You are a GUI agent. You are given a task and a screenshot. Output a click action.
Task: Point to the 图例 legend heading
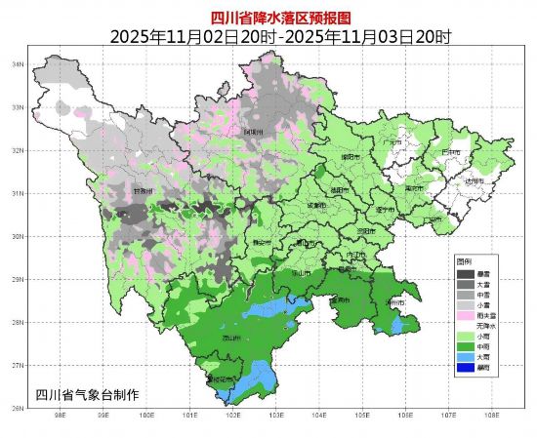click(x=465, y=262)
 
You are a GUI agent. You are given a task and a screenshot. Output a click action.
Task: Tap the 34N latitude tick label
click(x=17, y=64)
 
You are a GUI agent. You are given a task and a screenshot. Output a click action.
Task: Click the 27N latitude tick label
click(x=17, y=365)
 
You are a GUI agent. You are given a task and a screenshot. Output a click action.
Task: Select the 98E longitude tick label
click(x=61, y=414)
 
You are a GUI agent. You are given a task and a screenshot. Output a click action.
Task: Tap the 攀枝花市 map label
click(x=221, y=378)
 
